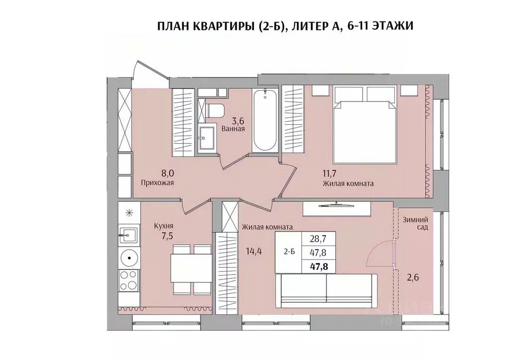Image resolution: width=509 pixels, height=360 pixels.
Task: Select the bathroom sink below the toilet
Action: tap(205, 139)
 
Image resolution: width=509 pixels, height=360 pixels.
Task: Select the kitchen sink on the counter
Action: tap(129, 234)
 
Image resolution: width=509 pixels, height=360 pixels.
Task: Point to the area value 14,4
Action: tap(254, 251)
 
